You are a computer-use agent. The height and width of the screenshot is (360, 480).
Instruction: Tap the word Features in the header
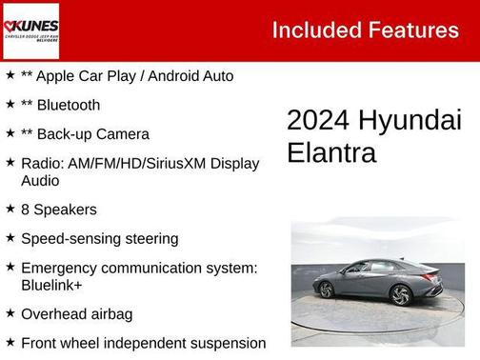pos(411,30)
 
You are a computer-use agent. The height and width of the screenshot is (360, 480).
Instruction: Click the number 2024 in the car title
pos(319,120)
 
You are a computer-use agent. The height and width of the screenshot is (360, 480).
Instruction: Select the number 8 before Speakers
pos(26,210)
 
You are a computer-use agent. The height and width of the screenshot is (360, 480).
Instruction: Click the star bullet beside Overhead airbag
pos(10,312)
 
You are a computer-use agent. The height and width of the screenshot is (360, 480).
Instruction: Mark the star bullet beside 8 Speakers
pos(10,208)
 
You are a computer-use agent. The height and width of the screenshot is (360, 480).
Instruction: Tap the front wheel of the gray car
pos(402,296)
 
